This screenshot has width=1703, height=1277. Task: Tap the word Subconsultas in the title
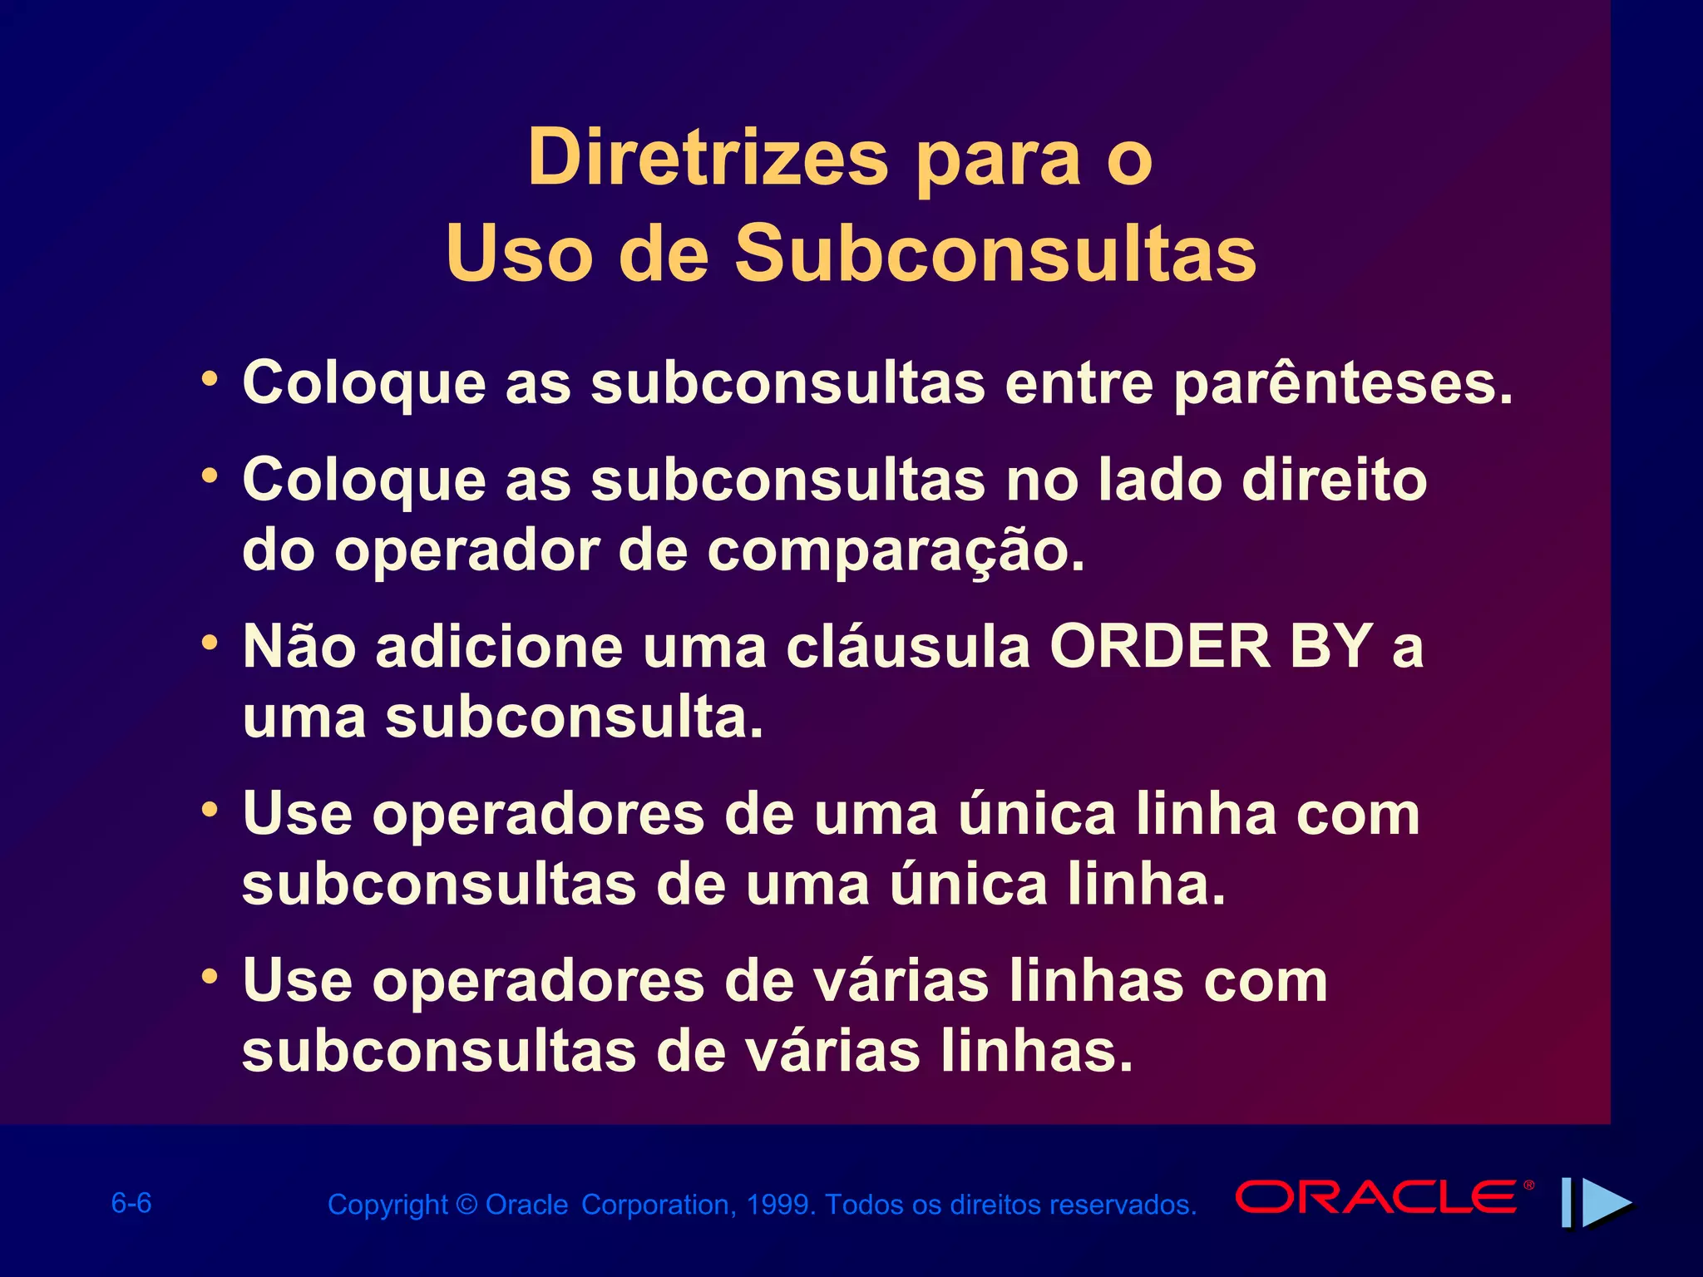[995, 254]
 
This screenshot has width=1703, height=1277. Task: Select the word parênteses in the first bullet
[1342, 384]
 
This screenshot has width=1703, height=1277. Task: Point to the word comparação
[896, 552]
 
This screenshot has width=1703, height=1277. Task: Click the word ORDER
[1160, 646]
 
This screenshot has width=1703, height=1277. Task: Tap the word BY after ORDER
[1331, 646]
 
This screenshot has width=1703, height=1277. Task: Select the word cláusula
[909, 646]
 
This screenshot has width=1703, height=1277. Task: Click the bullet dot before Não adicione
[210, 643]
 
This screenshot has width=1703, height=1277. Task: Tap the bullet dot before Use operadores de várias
[210, 976]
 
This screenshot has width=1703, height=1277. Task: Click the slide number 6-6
[131, 1203]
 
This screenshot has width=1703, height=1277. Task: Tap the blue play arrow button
[1605, 1202]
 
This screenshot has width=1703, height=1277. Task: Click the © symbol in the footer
[466, 1205]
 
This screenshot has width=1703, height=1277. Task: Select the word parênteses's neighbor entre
[1079, 384]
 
